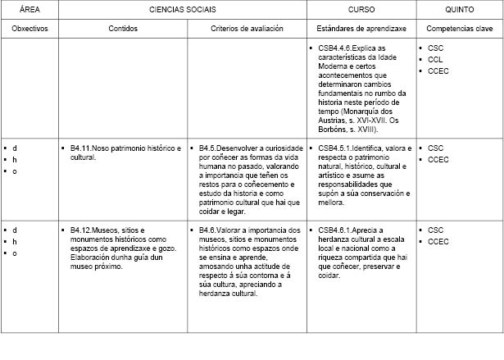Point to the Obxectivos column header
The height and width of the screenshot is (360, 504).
(29, 28)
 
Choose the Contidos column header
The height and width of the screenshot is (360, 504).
(123, 28)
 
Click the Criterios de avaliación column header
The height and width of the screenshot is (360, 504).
(246, 28)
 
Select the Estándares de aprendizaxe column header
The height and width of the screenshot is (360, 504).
(360, 28)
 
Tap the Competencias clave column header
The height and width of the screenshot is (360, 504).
(459, 28)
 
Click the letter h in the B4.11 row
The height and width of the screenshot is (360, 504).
(15, 160)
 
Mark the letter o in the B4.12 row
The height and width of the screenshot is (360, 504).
(15, 253)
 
